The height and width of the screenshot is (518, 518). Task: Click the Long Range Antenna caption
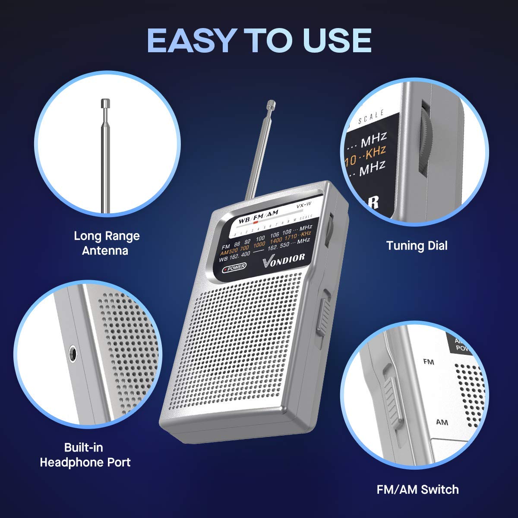pos(107,243)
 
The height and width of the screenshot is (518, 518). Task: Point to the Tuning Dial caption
pos(417,246)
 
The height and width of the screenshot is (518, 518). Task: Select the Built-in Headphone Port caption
pos(85,455)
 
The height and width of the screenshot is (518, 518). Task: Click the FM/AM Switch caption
pos(417,490)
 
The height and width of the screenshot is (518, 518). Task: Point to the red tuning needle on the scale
pos(256,224)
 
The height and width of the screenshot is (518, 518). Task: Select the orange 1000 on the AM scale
pos(259,245)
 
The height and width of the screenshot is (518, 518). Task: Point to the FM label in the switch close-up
pos(429,361)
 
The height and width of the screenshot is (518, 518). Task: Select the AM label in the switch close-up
pos(442,422)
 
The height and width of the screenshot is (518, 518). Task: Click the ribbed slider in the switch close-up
pos(392,398)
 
